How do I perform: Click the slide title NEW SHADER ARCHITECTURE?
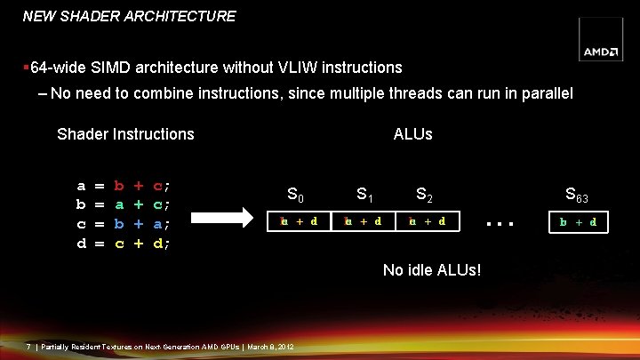(129, 16)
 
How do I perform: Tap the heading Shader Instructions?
(125, 134)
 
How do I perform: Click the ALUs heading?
(412, 134)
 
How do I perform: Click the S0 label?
(297, 193)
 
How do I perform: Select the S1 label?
(364, 193)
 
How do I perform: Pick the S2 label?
(425, 193)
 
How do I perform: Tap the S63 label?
(577, 195)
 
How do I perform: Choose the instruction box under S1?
(363, 220)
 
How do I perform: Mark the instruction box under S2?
(427, 220)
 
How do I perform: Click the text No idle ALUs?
(432, 269)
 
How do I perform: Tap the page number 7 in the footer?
(28, 346)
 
